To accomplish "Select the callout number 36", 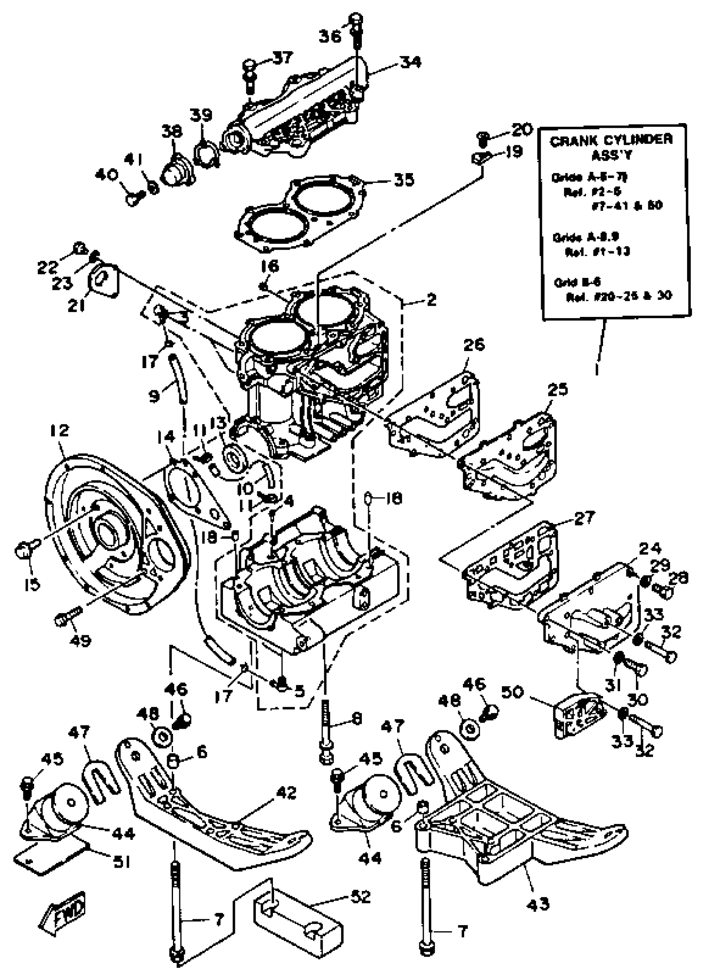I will click(330, 36).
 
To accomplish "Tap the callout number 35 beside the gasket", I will click(404, 180).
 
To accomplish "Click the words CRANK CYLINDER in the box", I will click(611, 141).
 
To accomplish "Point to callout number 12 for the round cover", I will click(59, 431).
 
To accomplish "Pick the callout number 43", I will click(538, 903).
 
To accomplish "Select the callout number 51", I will click(122, 862).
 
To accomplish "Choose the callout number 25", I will click(557, 390).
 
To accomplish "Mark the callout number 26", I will click(474, 345).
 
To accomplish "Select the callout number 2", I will click(431, 299).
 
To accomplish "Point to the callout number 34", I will click(410, 62).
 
